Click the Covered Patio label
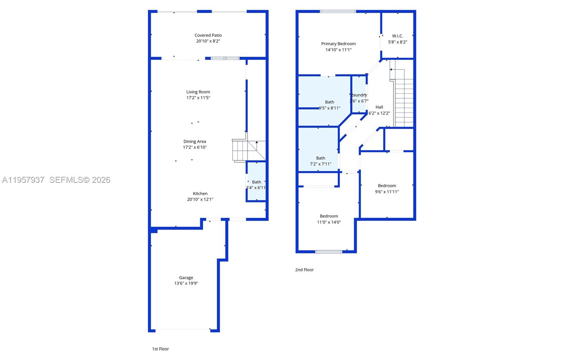[208, 35]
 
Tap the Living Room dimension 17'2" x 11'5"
[198, 98]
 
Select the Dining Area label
[195, 142]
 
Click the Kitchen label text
[200, 193]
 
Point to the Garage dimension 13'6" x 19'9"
[186, 283]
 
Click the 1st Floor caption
[160, 349]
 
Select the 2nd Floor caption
[304, 270]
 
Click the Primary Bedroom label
[338, 44]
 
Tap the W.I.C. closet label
[397, 36]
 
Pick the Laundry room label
[359, 95]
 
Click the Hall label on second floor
[379, 107]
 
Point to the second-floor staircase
[404, 102]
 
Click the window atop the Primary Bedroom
[338, 12]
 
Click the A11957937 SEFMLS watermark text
[56, 180]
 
